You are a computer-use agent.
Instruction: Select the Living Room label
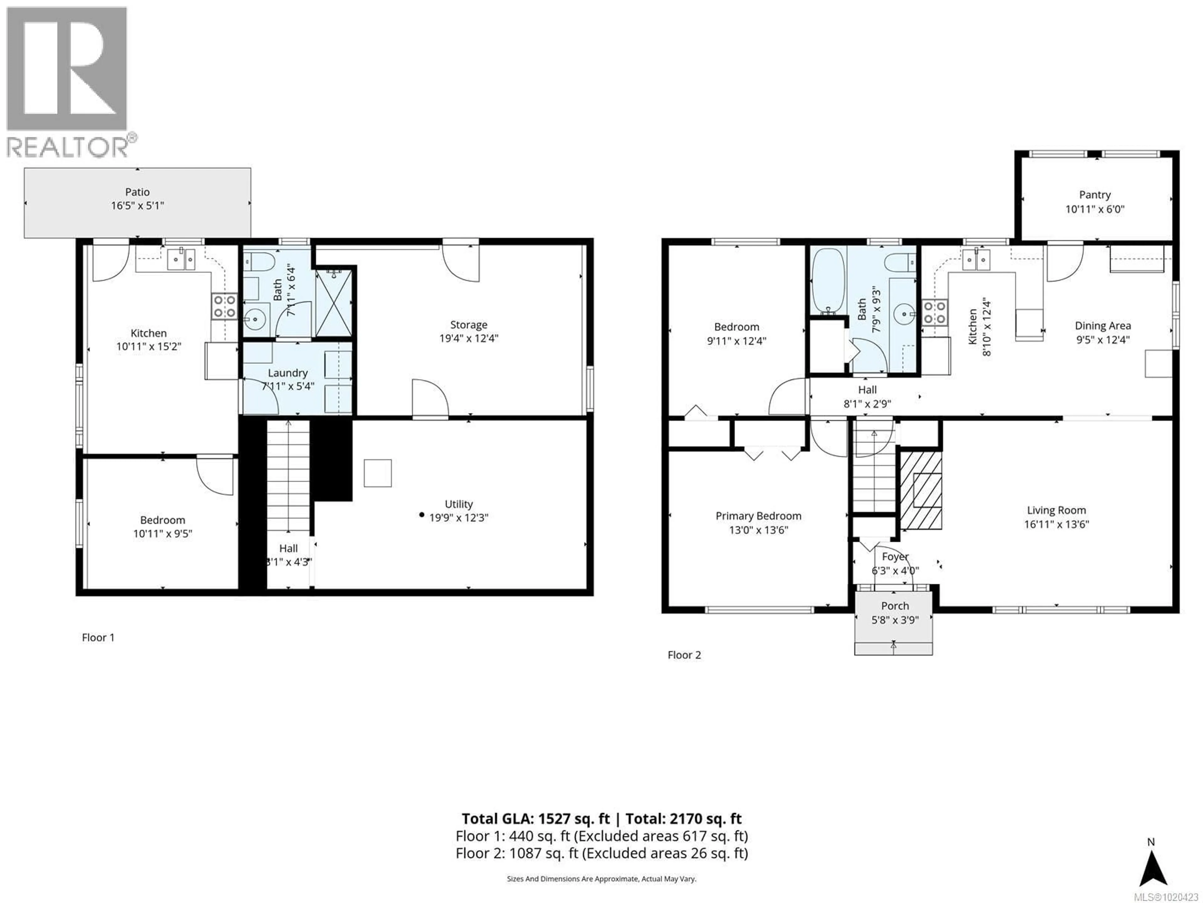[x=1056, y=510]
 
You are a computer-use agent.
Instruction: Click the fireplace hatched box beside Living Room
[x=921, y=490]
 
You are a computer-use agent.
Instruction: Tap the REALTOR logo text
[x=68, y=147]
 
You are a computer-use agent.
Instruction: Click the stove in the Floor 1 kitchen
[x=224, y=306]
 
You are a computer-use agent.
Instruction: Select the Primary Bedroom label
[x=758, y=516]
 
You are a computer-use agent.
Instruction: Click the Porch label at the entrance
[x=895, y=606]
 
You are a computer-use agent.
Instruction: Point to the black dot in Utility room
[x=421, y=515]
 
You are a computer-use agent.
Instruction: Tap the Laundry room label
[x=288, y=373]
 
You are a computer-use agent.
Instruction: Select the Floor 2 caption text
[x=684, y=655]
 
